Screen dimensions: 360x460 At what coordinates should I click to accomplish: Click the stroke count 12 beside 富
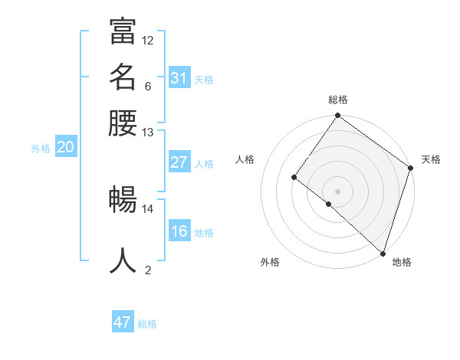148,40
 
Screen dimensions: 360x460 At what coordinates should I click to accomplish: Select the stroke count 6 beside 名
147,86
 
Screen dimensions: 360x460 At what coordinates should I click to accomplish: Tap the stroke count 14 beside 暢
148,208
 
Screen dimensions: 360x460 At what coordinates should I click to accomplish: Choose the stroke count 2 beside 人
147,270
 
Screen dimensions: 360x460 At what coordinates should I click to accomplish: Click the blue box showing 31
179,77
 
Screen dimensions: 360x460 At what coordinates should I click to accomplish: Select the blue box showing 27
179,162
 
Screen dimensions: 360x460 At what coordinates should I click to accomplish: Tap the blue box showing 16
179,231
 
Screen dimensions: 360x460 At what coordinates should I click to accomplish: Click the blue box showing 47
123,322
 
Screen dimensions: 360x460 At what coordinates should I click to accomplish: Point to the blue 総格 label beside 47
147,324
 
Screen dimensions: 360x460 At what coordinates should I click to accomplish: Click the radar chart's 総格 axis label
337,100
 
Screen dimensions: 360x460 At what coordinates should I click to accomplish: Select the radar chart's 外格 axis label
270,263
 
